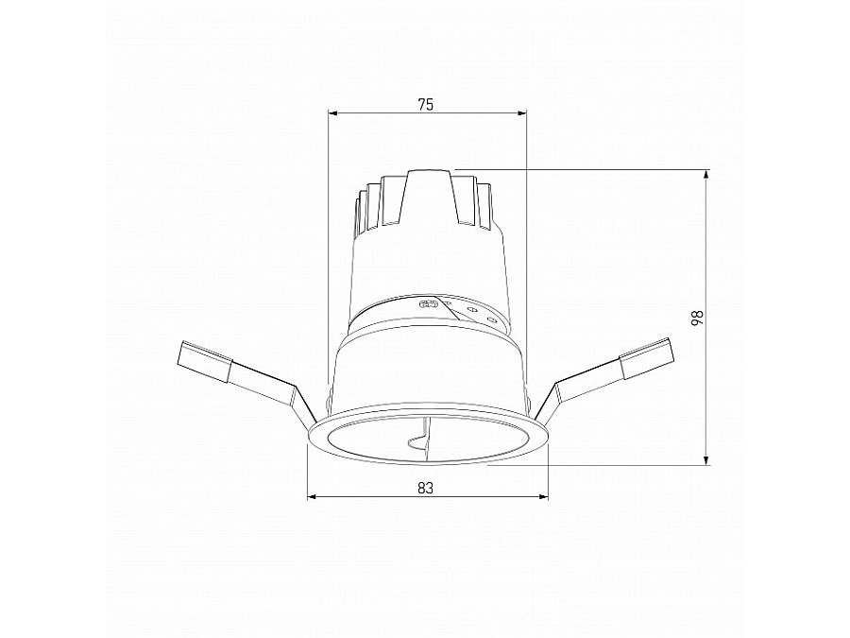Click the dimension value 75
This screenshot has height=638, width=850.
[x=425, y=105]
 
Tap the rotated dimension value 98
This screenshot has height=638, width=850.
[x=697, y=318]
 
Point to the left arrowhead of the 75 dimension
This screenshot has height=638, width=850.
[x=331, y=113]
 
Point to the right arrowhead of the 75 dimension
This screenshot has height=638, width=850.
[x=522, y=113]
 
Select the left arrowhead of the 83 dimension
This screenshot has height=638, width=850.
[x=314, y=496]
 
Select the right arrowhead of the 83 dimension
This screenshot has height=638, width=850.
[x=544, y=496]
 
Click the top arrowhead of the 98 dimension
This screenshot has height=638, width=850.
[x=706, y=174]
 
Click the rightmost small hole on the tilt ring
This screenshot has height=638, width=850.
[x=491, y=320]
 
